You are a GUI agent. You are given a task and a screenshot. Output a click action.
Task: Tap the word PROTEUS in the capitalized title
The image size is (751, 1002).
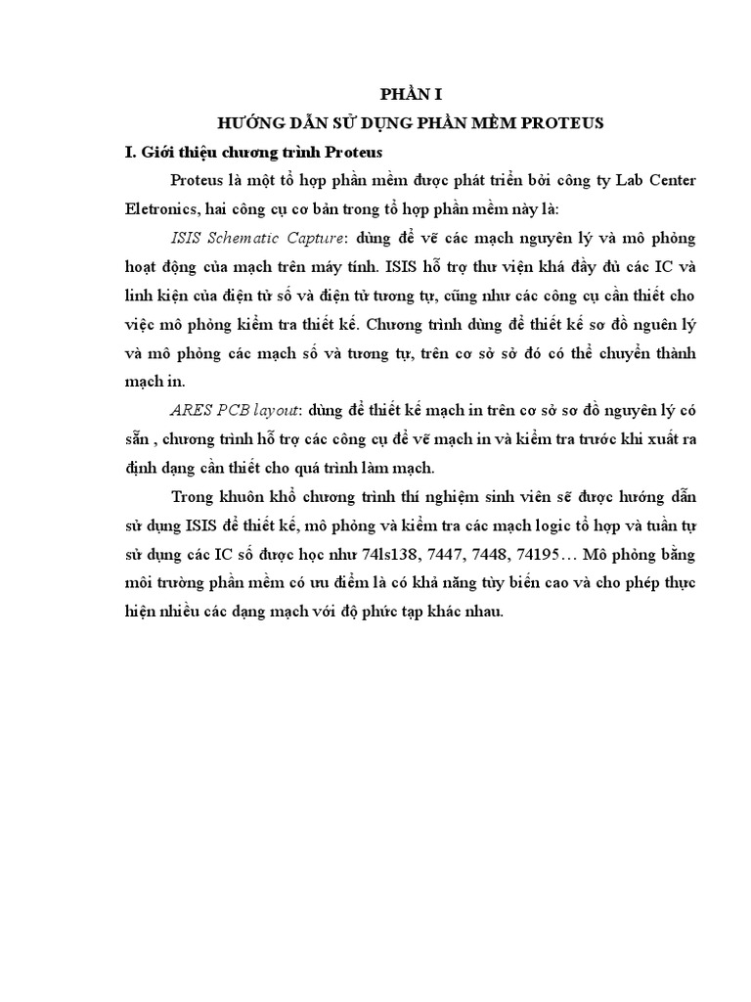[561, 123]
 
